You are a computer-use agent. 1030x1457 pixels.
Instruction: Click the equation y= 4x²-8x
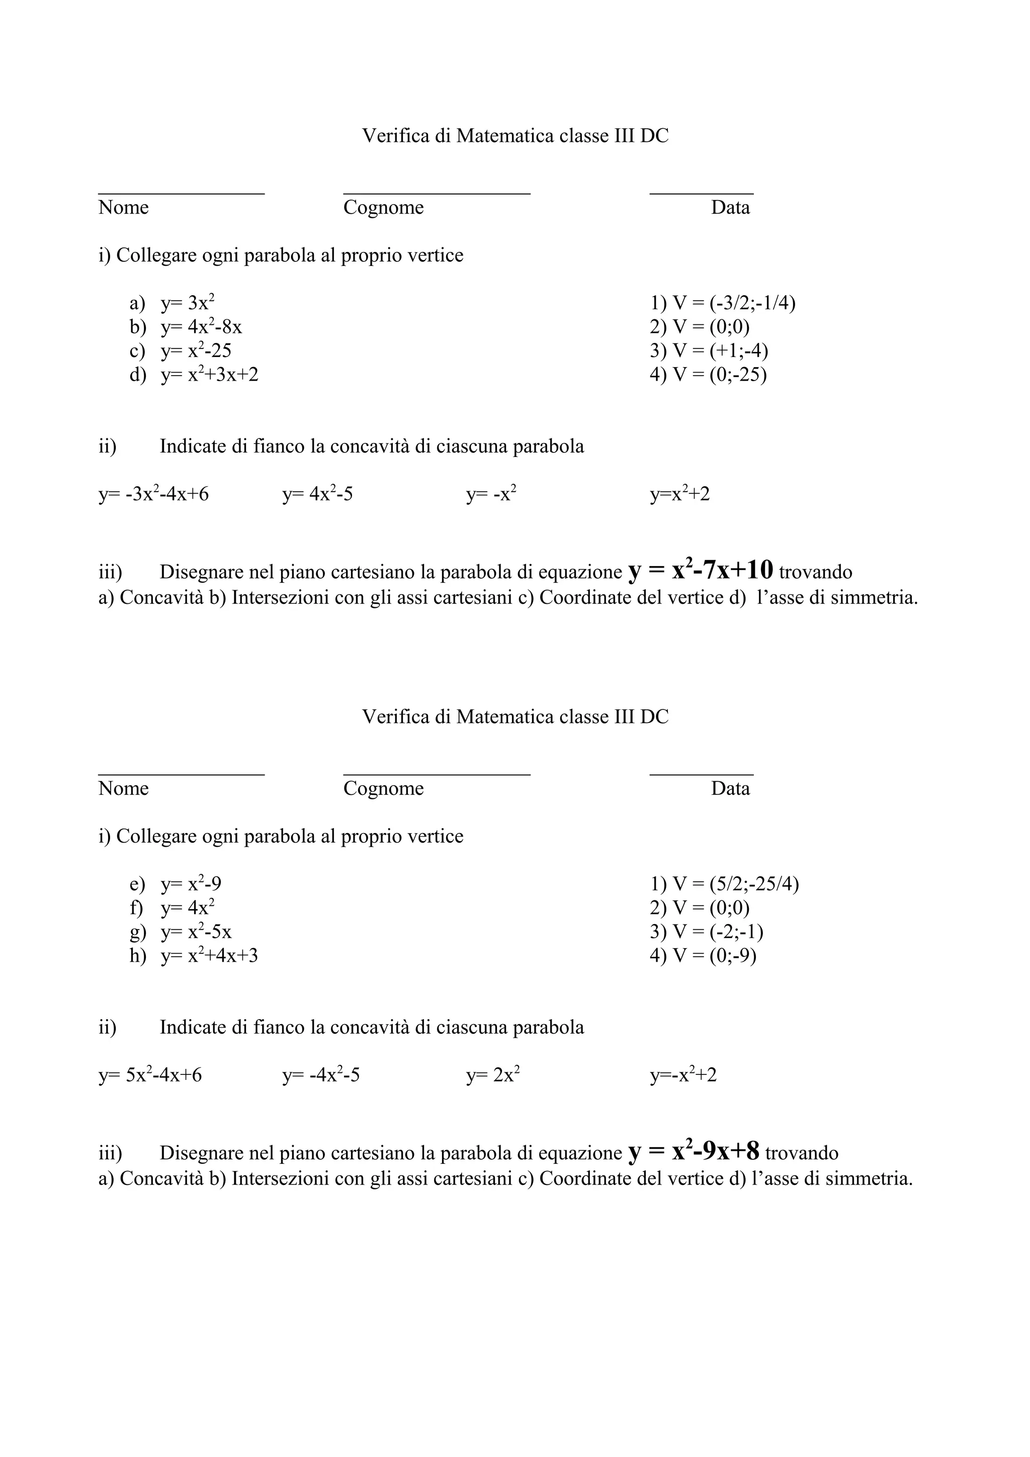tap(201, 327)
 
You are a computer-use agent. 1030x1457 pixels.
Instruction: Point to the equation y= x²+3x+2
tap(209, 375)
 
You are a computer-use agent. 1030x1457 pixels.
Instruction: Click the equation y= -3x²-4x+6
tap(153, 494)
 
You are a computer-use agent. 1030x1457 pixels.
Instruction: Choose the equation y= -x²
tap(491, 494)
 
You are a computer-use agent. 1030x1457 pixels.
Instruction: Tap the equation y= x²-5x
tap(196, 932)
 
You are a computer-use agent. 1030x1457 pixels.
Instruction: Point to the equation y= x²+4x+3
tap(209, 956)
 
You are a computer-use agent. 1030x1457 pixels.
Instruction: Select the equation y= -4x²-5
tap(321, 1075)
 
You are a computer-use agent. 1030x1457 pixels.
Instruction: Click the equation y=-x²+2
tap(683, 1075)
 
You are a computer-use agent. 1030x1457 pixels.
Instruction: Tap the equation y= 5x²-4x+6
tap(150, 1075)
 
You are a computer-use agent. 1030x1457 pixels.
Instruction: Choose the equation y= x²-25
tap(196, 351)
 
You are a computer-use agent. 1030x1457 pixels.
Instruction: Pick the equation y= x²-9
tap(191, 884)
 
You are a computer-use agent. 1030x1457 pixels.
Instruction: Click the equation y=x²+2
tap(679, 494)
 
